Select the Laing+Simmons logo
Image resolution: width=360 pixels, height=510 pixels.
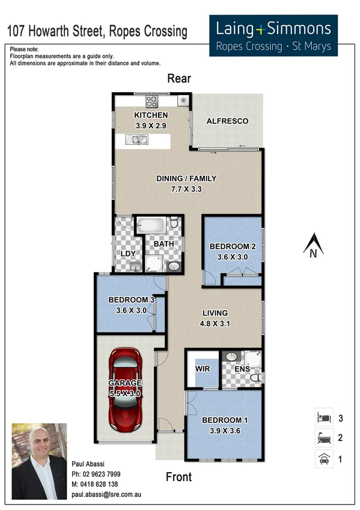coord(273,35)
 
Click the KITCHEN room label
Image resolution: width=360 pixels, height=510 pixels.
coord(151,115)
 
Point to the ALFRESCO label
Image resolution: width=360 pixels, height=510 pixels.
coord(227,121)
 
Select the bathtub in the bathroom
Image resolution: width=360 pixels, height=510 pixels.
coord(150,226)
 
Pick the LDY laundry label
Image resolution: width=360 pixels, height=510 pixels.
coord(127,254)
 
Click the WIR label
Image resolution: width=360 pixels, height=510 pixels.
coord(202,367)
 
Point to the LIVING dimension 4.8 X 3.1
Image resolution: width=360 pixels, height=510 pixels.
coord(215,323)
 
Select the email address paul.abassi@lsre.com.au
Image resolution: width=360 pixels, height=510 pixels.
coord(106,495)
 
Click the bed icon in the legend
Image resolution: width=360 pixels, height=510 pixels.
coord(323,417)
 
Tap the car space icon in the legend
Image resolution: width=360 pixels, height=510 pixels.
coord(323,460)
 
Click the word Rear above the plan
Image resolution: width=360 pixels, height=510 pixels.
coord(179,78)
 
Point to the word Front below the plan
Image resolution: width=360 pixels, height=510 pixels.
coord(178,477)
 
